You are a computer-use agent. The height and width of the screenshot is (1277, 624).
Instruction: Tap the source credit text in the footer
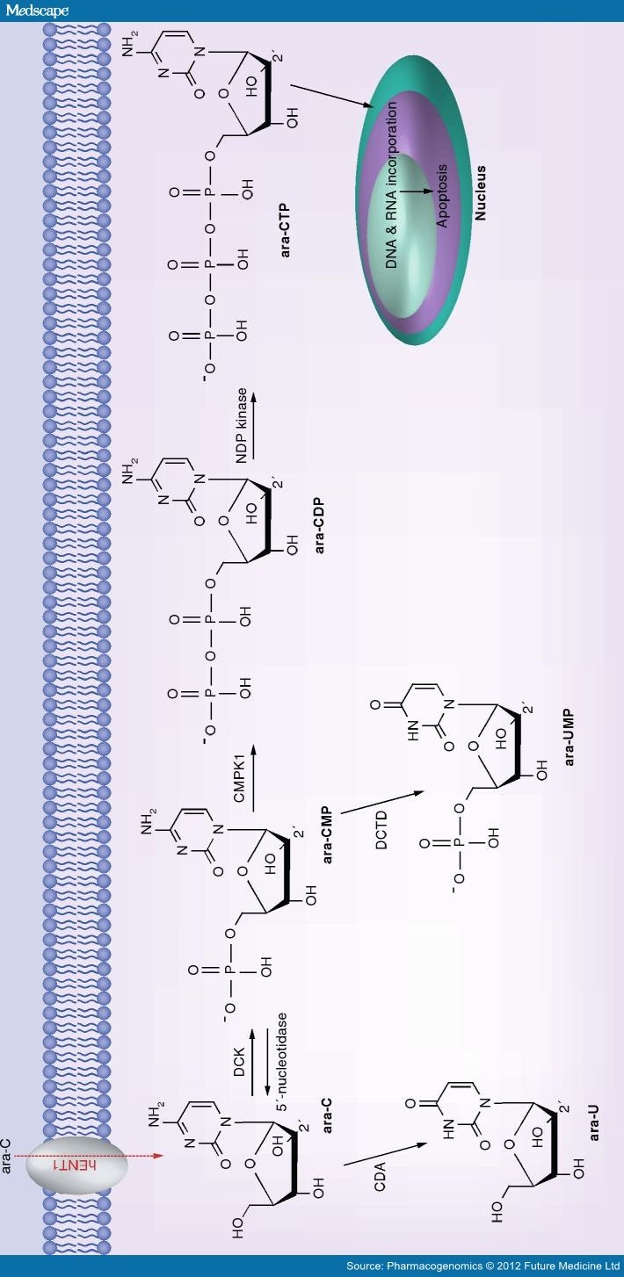click(x=483, y=1266)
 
